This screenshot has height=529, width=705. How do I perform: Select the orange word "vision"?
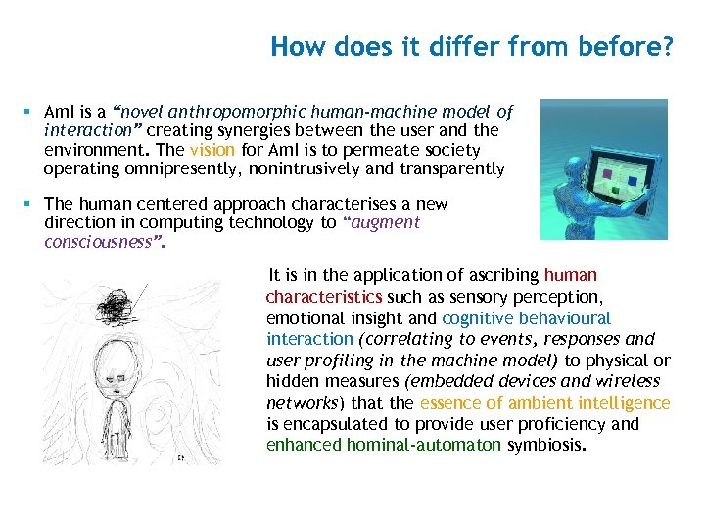[212, 151]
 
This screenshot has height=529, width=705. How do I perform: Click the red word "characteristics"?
[325, 296]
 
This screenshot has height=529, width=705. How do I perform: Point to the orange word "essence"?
[451, 403]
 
